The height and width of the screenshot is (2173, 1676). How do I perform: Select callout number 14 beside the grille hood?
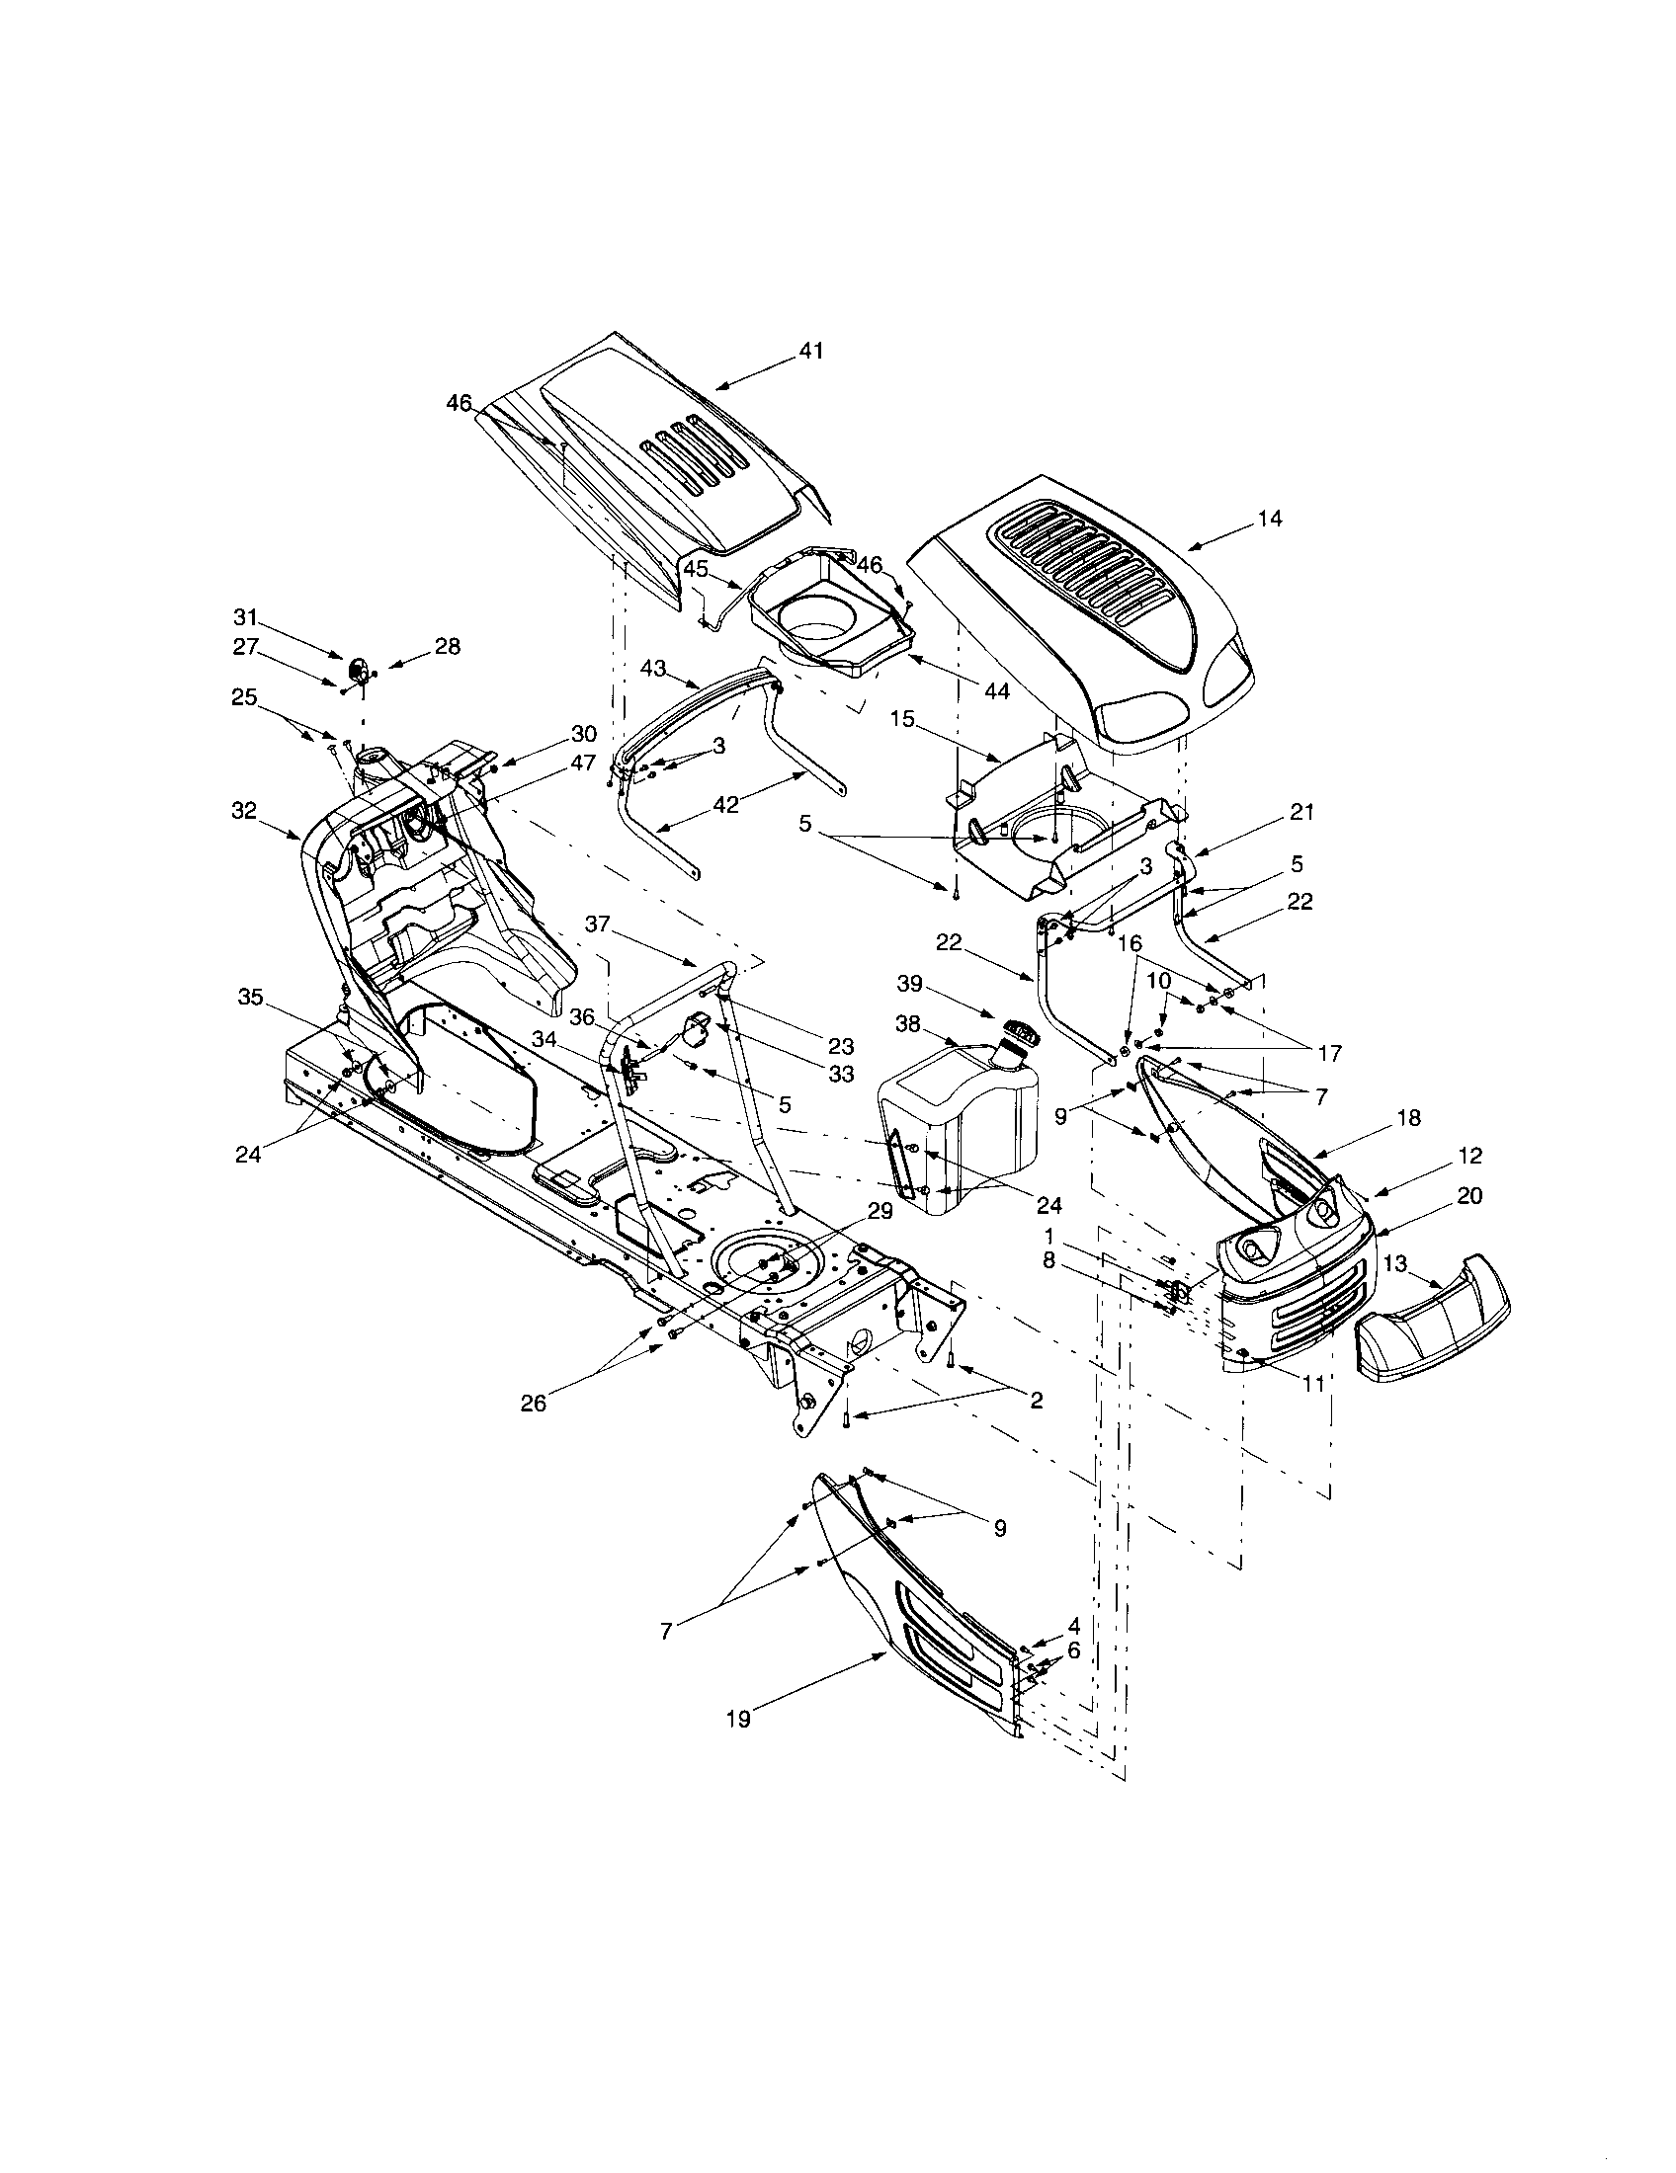click(x=1270, y=519)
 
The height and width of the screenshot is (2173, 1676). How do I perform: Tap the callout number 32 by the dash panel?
click(x=244, y=811)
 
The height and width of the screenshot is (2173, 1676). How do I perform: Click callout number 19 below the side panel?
click(x=738, y=1720)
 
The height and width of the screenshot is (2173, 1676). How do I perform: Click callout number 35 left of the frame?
click(x=251, y=997)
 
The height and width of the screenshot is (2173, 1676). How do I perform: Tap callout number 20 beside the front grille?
click(x=1469, y=1196)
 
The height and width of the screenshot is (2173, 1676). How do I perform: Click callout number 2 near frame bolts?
click(x=1036, y=1400)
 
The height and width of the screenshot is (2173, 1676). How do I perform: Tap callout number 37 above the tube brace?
click(x=597, y=926)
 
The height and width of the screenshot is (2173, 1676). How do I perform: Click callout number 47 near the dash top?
click(x=584, y=764)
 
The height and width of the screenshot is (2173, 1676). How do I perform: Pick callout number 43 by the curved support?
click(x=653, y=669)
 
